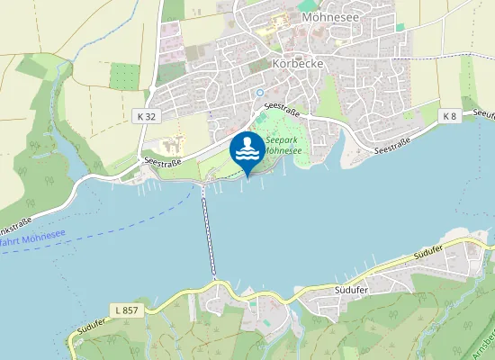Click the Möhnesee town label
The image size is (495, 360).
coord(333,16)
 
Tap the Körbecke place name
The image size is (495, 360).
coord(297,64)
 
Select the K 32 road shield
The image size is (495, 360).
coord(147,116)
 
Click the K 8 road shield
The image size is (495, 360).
coord(451,116)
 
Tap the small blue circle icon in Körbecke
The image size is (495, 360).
coord(260,93)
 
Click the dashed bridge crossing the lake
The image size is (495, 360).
coord(208,232)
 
